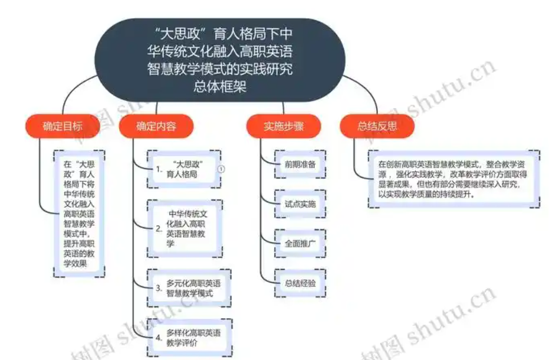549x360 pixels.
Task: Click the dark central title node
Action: tap(220, 60)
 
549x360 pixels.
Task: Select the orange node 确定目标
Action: tap(63, 126)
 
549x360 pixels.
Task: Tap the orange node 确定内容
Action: tap(156, 126)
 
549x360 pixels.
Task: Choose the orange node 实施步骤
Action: tap(284, 126)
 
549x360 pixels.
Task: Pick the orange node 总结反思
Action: tap(377, 126)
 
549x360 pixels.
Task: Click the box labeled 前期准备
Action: tap(300, 165)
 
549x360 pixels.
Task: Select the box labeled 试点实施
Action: tap(300, 204)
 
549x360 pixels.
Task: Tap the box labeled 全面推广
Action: tap(300, 244)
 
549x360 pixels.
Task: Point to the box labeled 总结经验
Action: tap(300, 283)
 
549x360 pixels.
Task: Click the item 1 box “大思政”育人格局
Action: tap(184, 169)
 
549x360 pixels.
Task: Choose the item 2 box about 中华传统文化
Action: tap(185, 228)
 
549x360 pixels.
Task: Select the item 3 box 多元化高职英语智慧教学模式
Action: tap(189, 288)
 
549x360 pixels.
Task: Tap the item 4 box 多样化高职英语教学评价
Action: tap(189, 338)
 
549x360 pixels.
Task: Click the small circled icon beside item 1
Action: tap(221, 169)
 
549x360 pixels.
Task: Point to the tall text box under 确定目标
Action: tap(79, 214)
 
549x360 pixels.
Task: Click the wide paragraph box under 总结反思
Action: tap(454, 179)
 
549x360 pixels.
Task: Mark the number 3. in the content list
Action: tap(159, 288)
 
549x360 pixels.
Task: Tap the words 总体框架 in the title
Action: tap(220, 86)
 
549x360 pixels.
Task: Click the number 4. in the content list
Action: tap(159, 338)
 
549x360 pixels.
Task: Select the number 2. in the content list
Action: tap(159, 228)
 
